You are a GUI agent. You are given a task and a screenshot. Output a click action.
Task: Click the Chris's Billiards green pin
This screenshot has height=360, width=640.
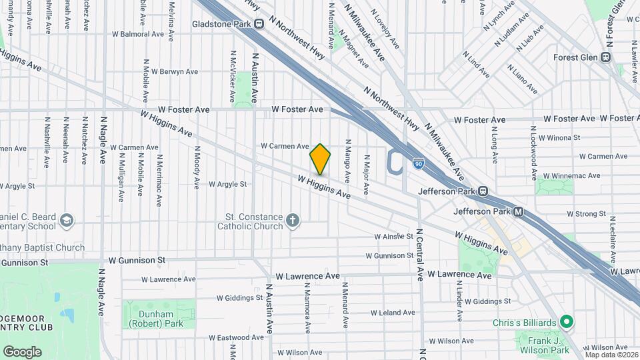[567, 323]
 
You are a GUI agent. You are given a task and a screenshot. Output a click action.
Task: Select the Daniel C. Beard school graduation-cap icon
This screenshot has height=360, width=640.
[67, 221]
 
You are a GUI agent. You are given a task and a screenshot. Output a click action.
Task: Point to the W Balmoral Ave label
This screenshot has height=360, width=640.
[138, 33]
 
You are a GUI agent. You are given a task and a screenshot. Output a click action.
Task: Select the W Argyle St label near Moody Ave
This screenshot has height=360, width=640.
[227, 184]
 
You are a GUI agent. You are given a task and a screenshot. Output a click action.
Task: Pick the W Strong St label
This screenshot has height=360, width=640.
[586, 214]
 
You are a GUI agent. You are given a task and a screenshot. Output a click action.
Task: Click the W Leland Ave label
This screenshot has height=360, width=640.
[393, 312]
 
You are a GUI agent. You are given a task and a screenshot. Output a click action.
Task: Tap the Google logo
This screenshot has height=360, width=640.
[22, 351]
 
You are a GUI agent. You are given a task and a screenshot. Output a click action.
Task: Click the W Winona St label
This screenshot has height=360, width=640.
[559, 138]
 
